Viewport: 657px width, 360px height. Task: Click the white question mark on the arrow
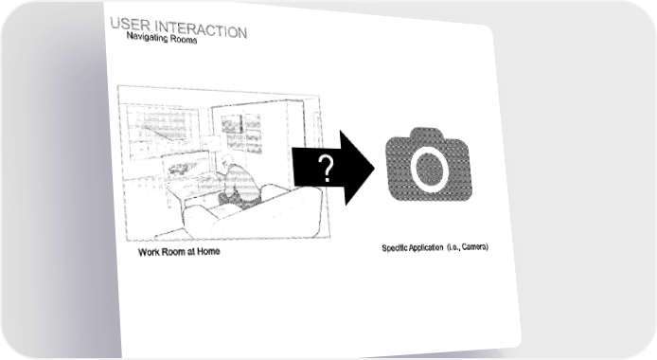[326, 168]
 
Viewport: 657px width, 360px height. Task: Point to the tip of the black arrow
[375, 169]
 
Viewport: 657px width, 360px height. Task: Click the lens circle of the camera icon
[428, 169]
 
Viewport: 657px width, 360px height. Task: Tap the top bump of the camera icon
[427, 134]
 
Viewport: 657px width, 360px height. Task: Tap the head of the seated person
[227, 161]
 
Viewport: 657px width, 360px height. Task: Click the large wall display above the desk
[161, 130]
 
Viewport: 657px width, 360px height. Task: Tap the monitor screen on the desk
[186, 167]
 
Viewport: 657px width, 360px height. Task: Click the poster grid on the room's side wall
[240, 133]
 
